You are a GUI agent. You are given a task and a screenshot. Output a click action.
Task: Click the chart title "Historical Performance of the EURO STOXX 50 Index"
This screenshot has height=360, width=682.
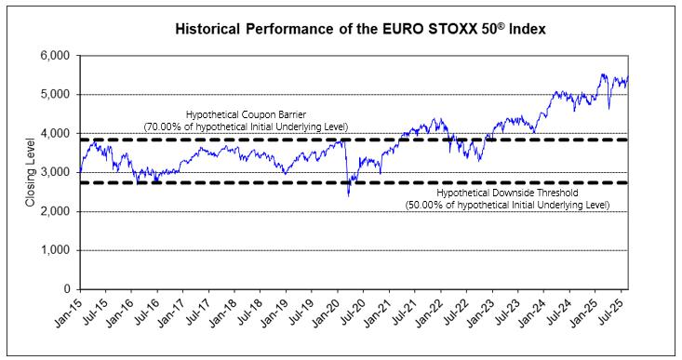click(x=360, y=29)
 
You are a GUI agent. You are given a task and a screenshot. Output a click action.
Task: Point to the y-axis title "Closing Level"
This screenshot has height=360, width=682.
click(x=30, y=172)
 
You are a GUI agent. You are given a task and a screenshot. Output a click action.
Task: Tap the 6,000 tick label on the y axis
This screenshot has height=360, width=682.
click(x=54, y=56)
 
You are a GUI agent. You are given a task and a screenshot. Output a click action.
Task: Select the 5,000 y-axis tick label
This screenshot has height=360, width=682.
click(x=54, y=94)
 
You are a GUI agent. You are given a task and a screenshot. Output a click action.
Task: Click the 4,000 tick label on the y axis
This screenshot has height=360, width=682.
click(x=54, y=133)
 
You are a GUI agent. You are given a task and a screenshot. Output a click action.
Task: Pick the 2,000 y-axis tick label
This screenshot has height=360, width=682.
click(x=54, y=211)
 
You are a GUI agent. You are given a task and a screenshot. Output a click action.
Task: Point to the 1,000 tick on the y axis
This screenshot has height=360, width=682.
click(x=54, y=250)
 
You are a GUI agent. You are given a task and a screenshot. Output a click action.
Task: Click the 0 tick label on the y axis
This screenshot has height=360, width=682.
click(x=67, y=289)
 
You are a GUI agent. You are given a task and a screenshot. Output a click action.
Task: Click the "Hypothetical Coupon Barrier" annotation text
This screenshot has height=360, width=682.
click(x=247, y=114)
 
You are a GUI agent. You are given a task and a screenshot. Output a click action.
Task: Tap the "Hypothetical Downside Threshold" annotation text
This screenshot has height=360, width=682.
click(x=508, y=193)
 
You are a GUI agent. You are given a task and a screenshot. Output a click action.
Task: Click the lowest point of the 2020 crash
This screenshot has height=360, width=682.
click(x=348, y=196)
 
